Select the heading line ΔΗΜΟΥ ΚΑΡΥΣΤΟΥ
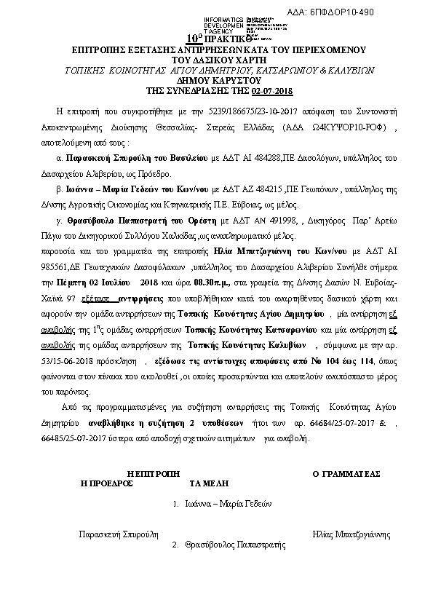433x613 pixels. click(x=216, y=81)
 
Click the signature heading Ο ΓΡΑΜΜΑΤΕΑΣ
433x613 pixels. click(x=346, y=473)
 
